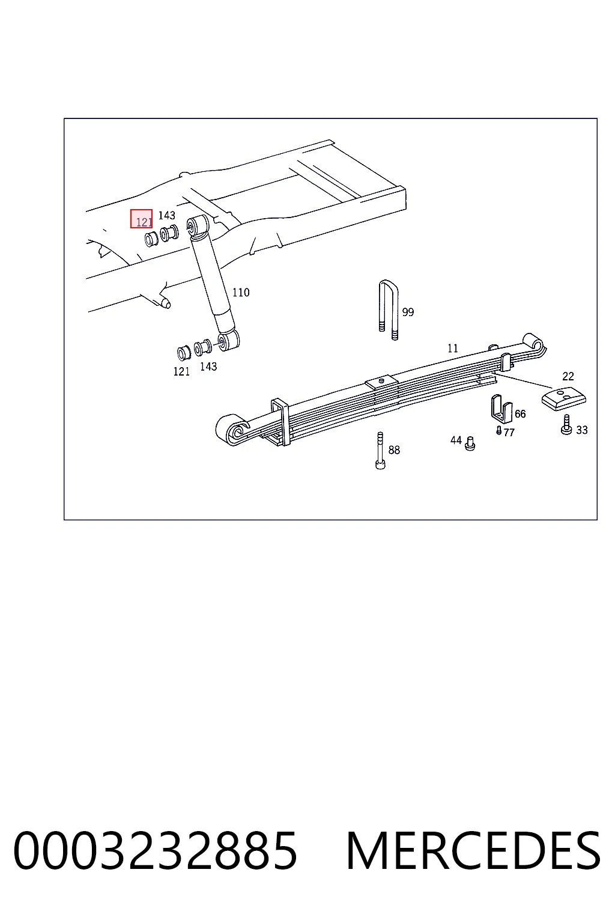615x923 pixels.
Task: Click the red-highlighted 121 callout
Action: (x=141, y=219)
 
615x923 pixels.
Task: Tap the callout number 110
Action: (x=241, y=293)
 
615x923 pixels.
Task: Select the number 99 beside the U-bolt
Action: (x=408, y=312)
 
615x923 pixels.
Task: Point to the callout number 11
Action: (x=453, y=349)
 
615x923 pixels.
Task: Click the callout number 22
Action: (x=568, y=376)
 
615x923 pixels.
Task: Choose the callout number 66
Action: (x=520, y=413)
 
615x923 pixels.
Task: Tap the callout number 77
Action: (x=509, y=432)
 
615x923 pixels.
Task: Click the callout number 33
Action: (x=581, y=430)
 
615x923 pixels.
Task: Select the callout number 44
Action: (x=456, y=440)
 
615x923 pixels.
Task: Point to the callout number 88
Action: (x=394, y=450)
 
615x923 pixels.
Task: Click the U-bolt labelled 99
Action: (x=389, y=310)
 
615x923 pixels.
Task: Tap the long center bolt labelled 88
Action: (x=380, y=450)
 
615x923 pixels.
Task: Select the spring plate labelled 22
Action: (x=564, y=399)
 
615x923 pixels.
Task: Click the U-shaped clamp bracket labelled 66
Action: (x=501, y=409)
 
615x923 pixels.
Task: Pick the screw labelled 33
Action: (x=566, y=425)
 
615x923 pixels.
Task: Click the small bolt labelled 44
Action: (x=470, y=444)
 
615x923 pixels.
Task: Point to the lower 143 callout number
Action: (x=208, y=367)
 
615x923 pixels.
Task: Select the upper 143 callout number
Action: (x=167, y=216)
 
